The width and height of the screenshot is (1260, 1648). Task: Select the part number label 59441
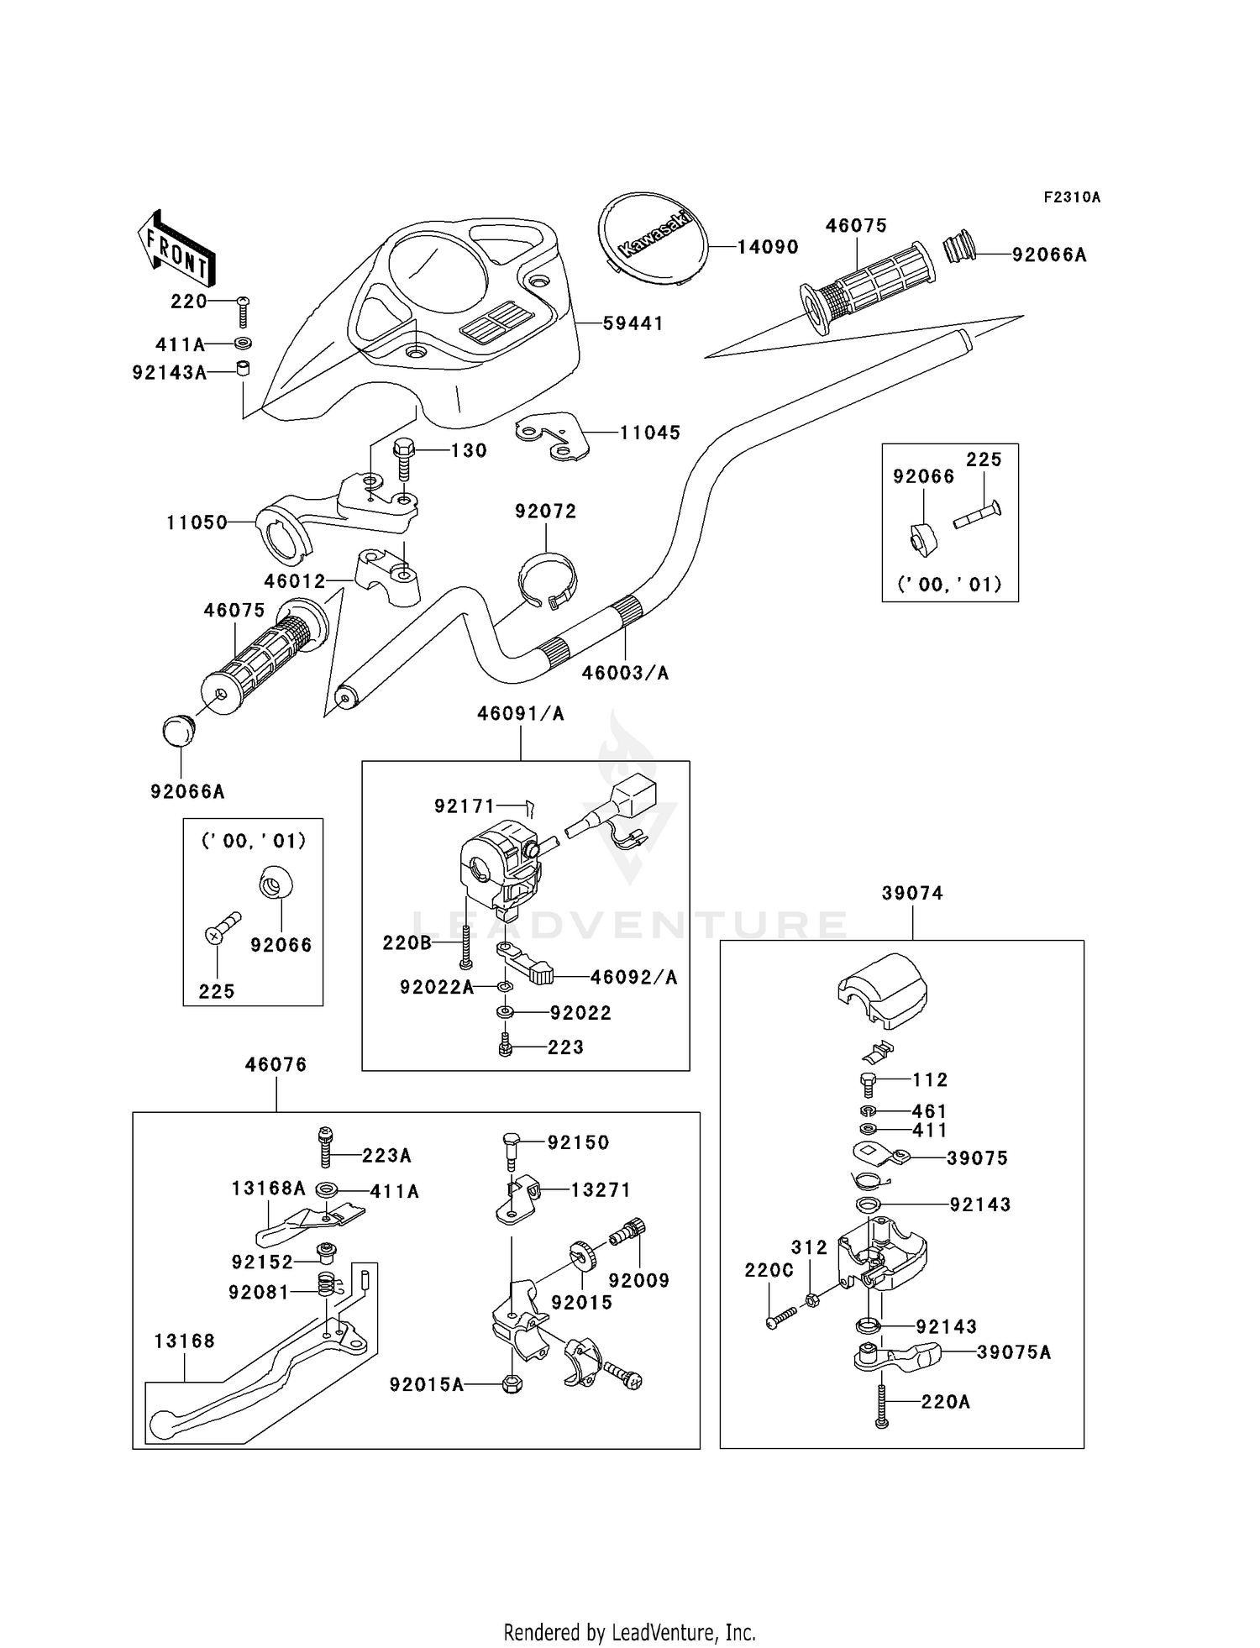633,323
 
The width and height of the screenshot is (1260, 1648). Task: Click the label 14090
768,247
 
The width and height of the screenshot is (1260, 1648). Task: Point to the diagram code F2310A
1072,197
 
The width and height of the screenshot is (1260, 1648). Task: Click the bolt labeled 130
403,459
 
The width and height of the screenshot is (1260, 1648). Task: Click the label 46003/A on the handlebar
625,673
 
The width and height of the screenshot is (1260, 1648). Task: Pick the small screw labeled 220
243,312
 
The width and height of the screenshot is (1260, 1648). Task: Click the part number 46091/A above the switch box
521,714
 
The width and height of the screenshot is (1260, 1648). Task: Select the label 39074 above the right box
912,894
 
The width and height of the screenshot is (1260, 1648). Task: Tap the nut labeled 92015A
512,1383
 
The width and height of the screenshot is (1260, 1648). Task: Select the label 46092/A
633,977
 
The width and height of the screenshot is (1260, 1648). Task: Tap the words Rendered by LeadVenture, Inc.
629,1632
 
